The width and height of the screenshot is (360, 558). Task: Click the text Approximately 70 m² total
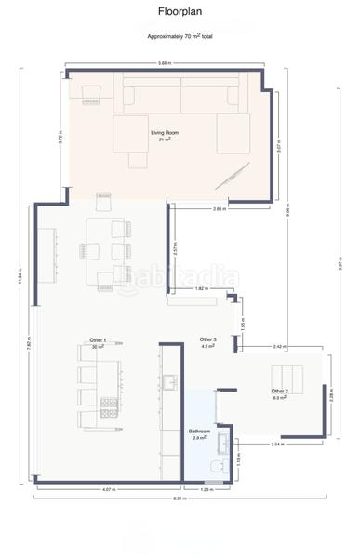(180, 36)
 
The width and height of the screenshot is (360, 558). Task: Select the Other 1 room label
(98, 342)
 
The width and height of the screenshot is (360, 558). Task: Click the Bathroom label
(200, 433)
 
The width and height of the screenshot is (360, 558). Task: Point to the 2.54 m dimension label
(277, 445)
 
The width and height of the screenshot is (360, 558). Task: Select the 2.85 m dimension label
(219, 209)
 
